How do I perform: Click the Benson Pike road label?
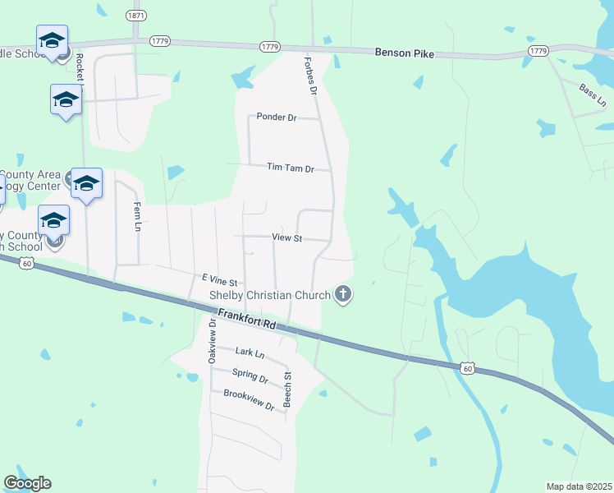pyautogui.click(x=404, y=53)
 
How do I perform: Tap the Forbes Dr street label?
pyautogui.click(x=310, y=76)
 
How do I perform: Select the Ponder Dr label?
pyautogui.click(x=276, y=117)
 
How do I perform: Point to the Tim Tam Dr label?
pyautogui.click(x=291, y=168)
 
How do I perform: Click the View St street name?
pyautogui.click(x=287, y=238)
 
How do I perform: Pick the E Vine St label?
pyautogui.click(x=218, y=280)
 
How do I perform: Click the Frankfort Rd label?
pyautogui.click(x=247, y=320)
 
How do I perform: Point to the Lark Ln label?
pyautogui.click(x=250, y=354)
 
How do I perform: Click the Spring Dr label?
pyautogui.click(x=250, y=376)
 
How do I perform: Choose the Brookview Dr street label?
pyautogui.click(x=248, y=400)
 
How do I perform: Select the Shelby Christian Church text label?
pyautogui.click(x=270, y=295)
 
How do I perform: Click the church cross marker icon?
pyautogui.click(x=343, y=294)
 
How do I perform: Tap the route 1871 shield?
pyautogui.click(x=135, y=16)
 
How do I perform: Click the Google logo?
pyautogui.click(x=27, y=483)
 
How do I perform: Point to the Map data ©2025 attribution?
pyautogui.click(x=579, y=486)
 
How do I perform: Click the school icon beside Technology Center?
pyautogui.click(x=85, y=184)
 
